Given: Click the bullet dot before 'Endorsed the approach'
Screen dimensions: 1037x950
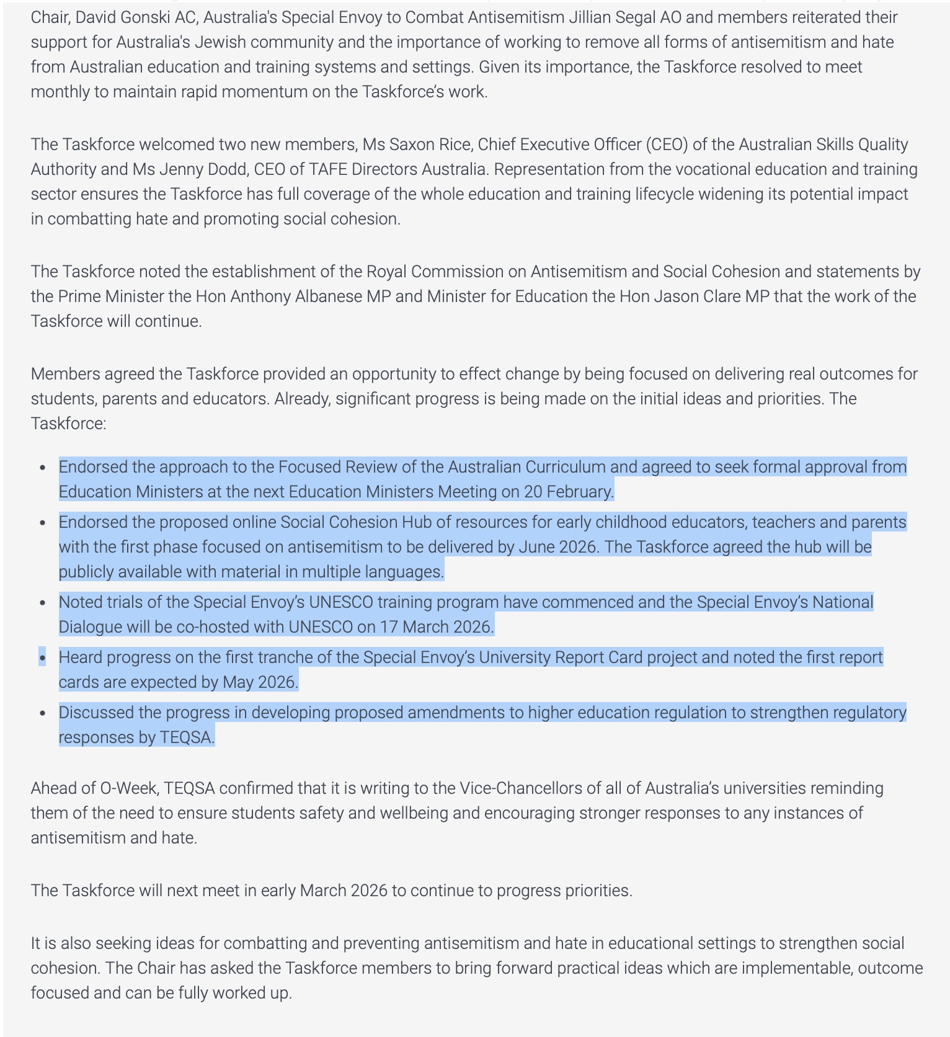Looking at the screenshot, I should (42, 467).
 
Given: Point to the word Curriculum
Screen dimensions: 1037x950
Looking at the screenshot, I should (565, 467).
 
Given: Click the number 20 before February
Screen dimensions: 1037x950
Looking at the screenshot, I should (533, 492).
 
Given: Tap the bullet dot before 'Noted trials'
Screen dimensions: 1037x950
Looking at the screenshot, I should (42, 602).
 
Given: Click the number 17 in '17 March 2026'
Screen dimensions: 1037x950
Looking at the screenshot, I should (388, 627).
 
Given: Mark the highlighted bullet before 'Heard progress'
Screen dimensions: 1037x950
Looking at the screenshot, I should (42, 657).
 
